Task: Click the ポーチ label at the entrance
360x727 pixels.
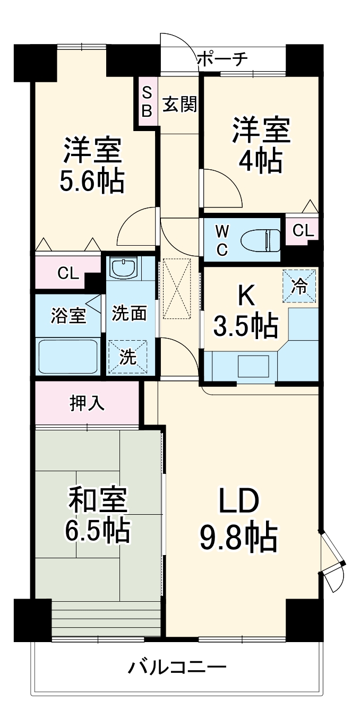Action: click(x=222, y=59)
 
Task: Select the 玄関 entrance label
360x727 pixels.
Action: click(x=179, y=105)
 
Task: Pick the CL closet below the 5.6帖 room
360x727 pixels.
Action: click(x=68, y=274)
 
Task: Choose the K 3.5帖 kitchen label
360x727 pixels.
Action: click(x=245, y=313)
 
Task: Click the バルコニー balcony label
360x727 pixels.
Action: click(x=177, y=665)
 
